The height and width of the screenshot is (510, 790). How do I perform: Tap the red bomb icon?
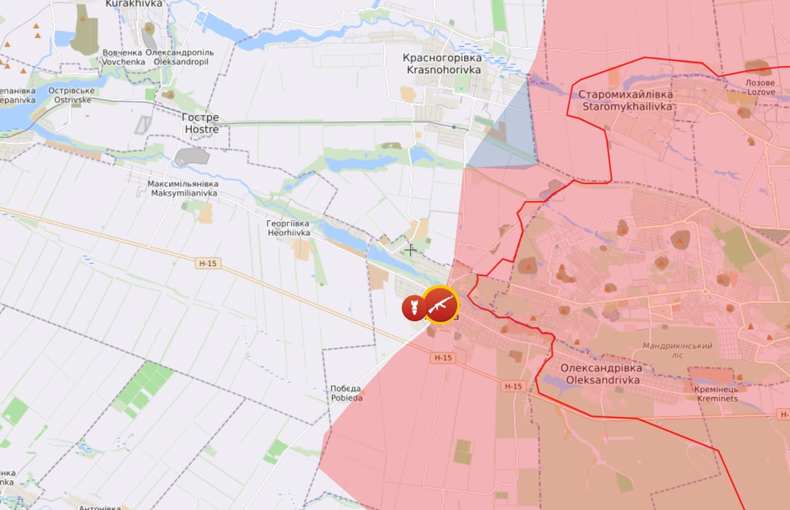click(413, 307)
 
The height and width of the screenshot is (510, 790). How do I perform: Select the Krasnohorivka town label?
click(441, 64)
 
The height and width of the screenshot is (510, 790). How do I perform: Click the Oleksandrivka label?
click(601, 374)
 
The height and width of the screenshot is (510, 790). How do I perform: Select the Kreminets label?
click(717, 394)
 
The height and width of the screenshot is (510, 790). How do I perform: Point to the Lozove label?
click(761, 88)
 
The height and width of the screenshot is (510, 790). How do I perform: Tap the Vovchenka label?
click(122, 57)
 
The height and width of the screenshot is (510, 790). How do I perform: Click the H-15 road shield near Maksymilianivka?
click(208, 264)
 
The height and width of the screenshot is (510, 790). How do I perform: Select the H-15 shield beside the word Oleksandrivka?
click(513, 386)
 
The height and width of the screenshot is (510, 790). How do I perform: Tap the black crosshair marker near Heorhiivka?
click(411, 250)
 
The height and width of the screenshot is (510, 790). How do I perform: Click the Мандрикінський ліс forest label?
click(677, 350)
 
